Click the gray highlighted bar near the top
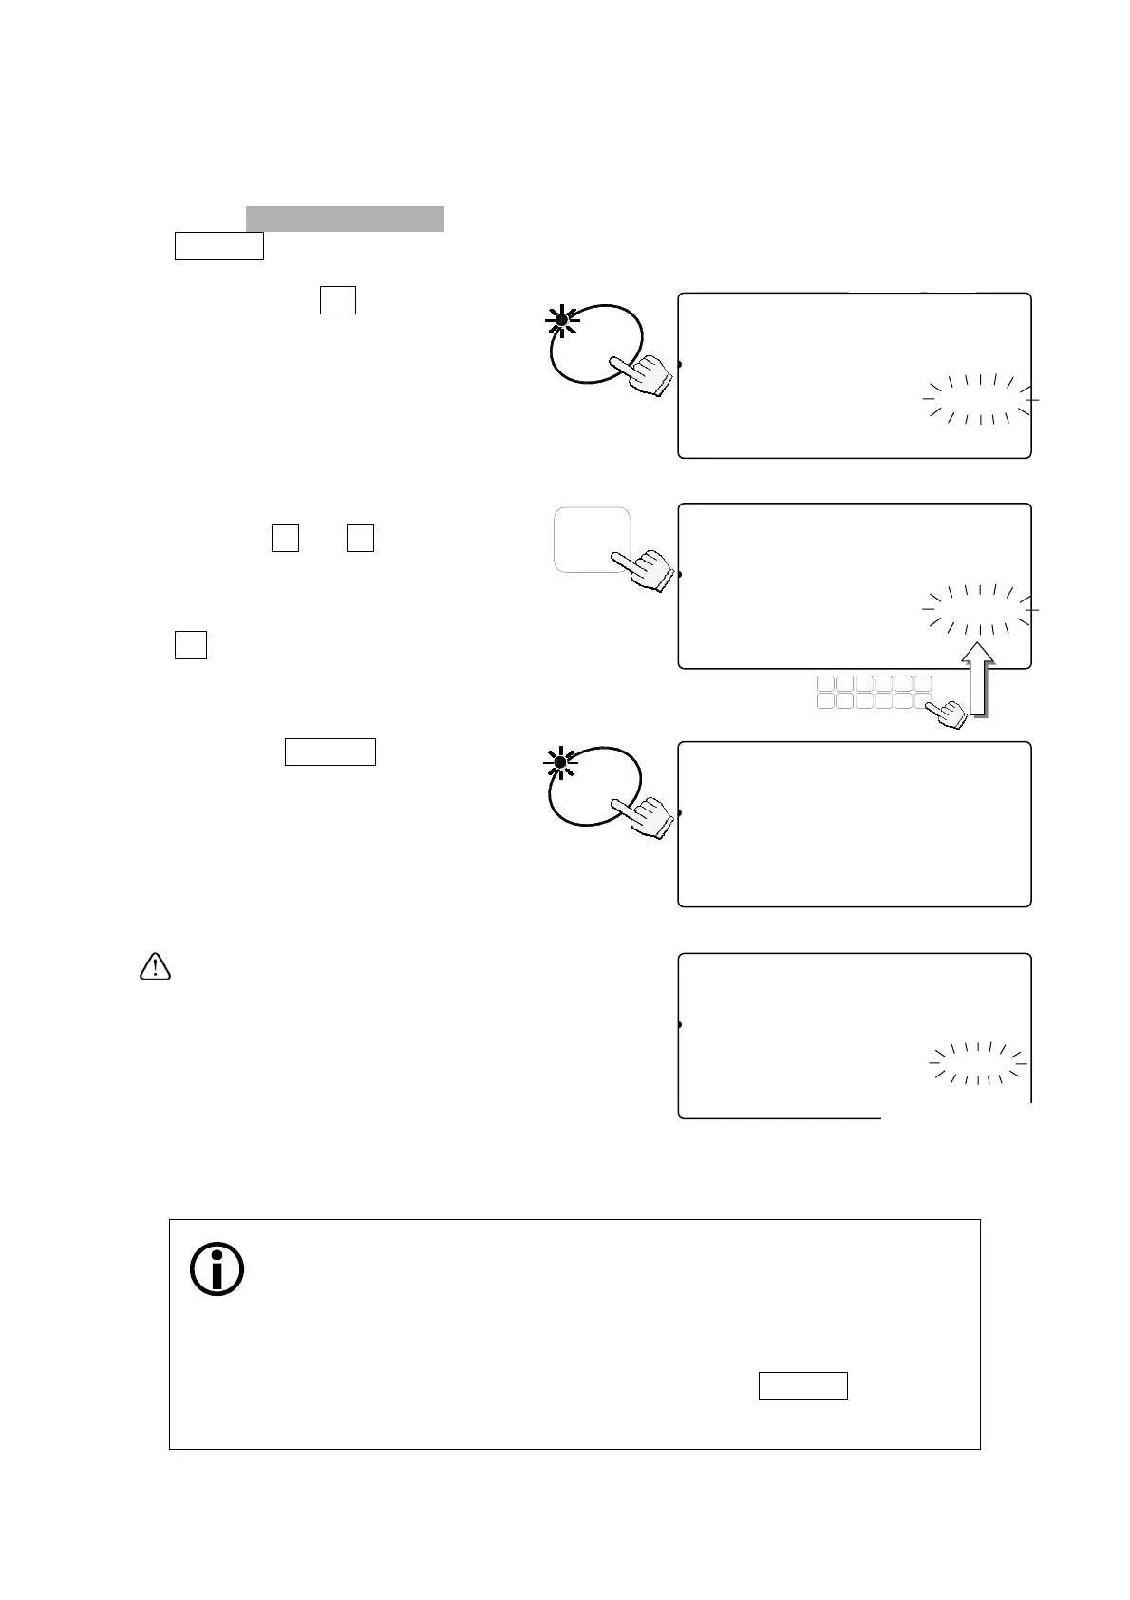coord(345,219)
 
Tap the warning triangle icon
coord(154,967)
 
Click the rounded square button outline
coord(592,540)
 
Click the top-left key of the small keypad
coord(825,683)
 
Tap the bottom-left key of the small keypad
coord(825,701)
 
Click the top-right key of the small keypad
coord(923,683)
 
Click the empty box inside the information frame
coord(802,1386)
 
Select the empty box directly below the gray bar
coord(218,246)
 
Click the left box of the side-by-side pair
coord(285,538)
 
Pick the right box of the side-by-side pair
coord(360,538)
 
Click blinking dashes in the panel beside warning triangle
coord(977,1062)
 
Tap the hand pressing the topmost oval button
coord(642,374)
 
